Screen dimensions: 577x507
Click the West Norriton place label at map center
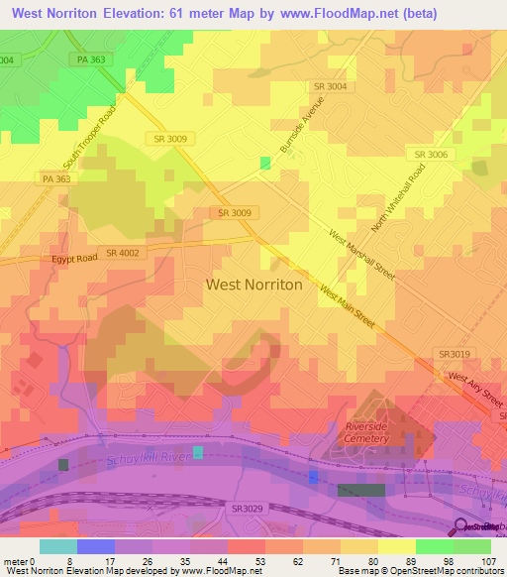coord(253,284)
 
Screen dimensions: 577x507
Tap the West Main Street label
coord(347,307)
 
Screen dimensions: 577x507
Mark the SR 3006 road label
coord(432,155)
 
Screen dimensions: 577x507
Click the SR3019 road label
coord(455,353)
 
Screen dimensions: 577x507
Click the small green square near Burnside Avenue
coord(264,163)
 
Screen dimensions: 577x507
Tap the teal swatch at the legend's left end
coord(57,546)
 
